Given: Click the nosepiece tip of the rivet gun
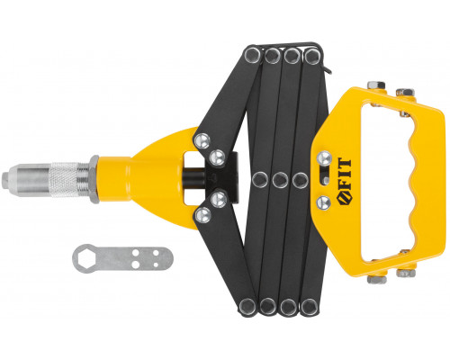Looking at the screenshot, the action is [5, 181].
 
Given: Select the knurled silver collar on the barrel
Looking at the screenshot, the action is [65, 180].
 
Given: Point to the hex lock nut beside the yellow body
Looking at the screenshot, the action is [94, 179].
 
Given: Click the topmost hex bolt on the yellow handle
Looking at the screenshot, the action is [376, 85].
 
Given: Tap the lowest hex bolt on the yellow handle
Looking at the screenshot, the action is [376, 280].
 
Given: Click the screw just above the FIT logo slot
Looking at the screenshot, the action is [324, 158].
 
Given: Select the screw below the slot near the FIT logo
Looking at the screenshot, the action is [324, 202].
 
